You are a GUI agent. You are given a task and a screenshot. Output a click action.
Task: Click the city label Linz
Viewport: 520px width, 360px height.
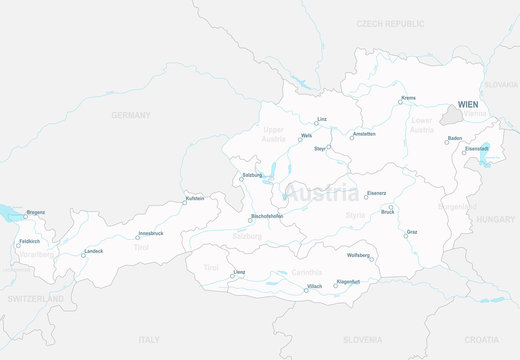[322, 119]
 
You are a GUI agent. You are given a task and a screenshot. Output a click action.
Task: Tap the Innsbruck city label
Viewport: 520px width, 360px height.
[150, 233]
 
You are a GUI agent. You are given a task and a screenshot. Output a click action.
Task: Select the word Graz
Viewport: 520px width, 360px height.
[412, 232]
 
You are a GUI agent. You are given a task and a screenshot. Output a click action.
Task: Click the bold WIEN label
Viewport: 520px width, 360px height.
[467, 104]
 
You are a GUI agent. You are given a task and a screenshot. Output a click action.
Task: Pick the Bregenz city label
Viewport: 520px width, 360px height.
[35, 212]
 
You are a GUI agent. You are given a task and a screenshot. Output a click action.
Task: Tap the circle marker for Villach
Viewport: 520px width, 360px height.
[306, 290]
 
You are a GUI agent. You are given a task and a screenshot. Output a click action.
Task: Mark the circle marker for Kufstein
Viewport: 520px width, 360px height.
[183, 203]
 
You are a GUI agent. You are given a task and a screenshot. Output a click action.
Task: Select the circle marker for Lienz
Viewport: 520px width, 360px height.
[233, 277]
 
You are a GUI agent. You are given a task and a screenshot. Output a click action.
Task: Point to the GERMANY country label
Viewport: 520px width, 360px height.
[131, 115]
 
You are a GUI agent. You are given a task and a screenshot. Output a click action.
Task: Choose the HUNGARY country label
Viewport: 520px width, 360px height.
[495, 218]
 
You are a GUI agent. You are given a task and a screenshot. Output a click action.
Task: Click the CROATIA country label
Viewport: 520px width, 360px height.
[481, 339]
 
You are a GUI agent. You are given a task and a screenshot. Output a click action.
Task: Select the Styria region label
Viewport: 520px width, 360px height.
[355, 214]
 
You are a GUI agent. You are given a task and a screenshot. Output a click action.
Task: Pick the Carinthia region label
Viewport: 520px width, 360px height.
[307, 272]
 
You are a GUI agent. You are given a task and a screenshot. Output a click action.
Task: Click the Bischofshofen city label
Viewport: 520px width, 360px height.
[267, 216]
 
